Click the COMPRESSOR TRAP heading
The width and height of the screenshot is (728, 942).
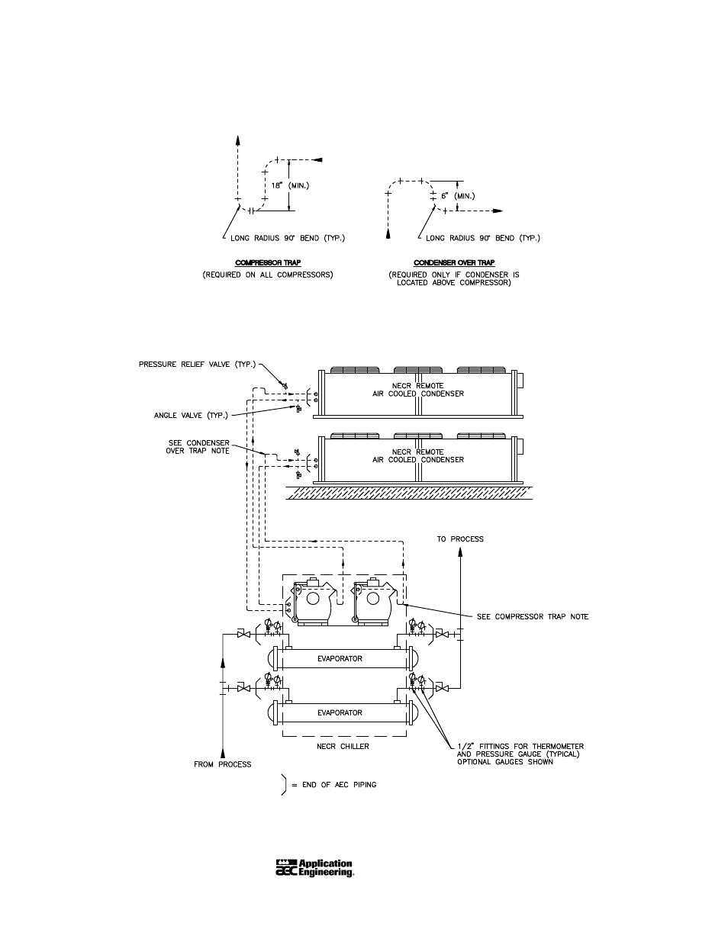(268, 262)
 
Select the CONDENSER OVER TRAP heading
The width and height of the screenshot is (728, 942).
(454, 262)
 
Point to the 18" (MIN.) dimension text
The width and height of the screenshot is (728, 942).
(290, 185)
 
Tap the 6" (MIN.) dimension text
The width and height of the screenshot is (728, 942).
(458, 196)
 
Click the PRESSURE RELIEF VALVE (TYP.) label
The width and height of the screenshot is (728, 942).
(198, 365)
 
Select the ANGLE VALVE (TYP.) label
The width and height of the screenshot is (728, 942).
(191, 415)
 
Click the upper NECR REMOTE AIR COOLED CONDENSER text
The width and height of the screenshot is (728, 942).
(418, 390)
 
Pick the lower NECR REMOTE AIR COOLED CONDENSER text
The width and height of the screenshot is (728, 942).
(418, 455)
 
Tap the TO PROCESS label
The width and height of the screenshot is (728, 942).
(460, 539)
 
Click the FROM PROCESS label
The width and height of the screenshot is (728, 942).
(222, 764)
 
